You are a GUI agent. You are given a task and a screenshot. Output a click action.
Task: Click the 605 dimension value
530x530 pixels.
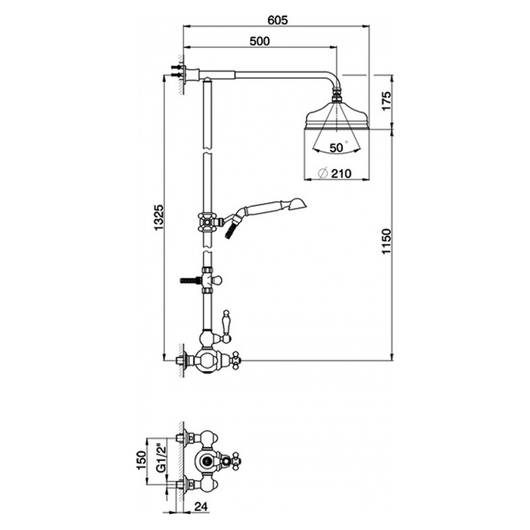pos(277,20)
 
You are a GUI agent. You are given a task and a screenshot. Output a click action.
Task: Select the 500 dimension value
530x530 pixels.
pos(260,41)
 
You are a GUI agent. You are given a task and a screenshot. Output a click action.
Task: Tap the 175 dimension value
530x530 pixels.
pos(385,101)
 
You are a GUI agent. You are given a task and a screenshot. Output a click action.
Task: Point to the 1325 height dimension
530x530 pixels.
pos(158,217)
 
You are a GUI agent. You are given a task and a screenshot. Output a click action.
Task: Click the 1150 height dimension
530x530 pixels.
pos(385,242)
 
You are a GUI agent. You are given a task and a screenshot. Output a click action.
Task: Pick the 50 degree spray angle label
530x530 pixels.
pos(337,148)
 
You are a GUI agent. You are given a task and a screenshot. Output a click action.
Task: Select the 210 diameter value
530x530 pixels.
pos(341,173)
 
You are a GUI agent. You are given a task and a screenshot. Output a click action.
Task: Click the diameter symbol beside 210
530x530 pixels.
pos(323,173)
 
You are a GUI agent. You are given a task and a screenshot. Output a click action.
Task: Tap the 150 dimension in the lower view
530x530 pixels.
pos(141,460)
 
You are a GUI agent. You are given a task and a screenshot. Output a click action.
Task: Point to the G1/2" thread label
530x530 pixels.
pos(161,459)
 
